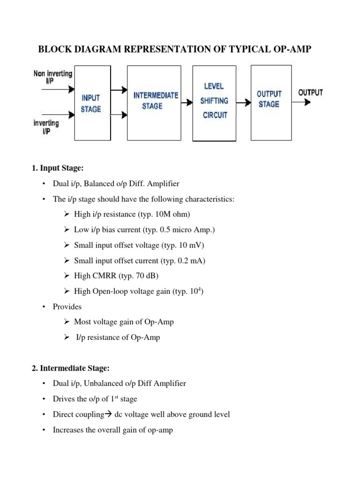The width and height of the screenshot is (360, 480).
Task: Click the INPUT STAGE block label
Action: (91, 103)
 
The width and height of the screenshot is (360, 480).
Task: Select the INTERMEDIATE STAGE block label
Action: (156, 100)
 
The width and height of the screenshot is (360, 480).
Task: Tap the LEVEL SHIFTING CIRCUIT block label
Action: (214, 100)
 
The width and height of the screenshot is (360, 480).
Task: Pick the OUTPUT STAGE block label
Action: (269, 99)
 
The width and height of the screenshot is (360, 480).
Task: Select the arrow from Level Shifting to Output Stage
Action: (243, 102)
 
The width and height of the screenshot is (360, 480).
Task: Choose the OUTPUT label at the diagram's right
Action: (310, 92)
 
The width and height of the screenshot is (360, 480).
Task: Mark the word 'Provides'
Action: (67, 307)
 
